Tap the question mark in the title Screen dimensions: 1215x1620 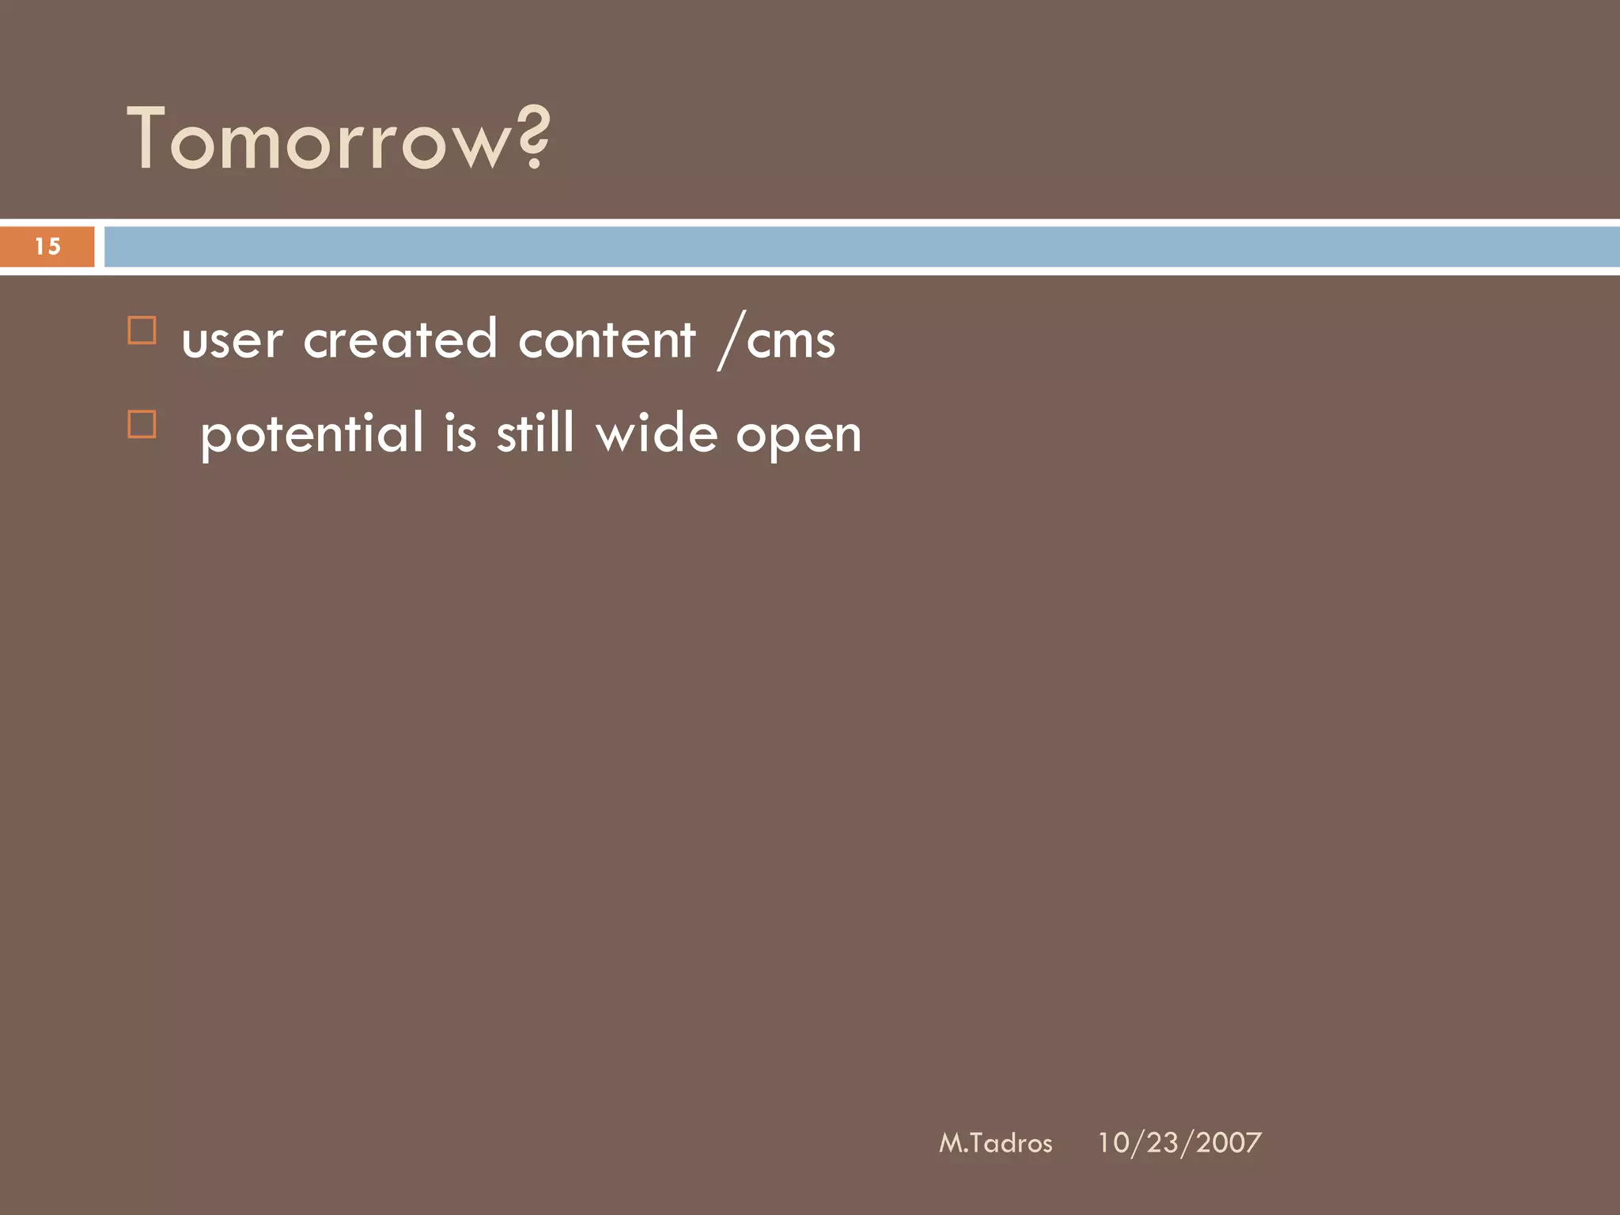pos(535,138)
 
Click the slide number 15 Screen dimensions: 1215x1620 pos(47,247)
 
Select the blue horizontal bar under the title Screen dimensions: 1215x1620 pos(861,247)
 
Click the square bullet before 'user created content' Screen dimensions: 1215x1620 pos(142,331)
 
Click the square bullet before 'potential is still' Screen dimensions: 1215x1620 pos(142,424)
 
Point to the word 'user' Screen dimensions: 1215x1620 pos(232,342)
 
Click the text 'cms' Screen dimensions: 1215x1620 pos(791,342)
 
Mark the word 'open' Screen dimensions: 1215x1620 pos(798,437)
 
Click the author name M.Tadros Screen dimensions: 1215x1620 pos(995,1143)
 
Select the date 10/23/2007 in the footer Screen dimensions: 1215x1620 pos(1179,1143)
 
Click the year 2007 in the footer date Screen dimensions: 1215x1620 pos(1228,1143)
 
